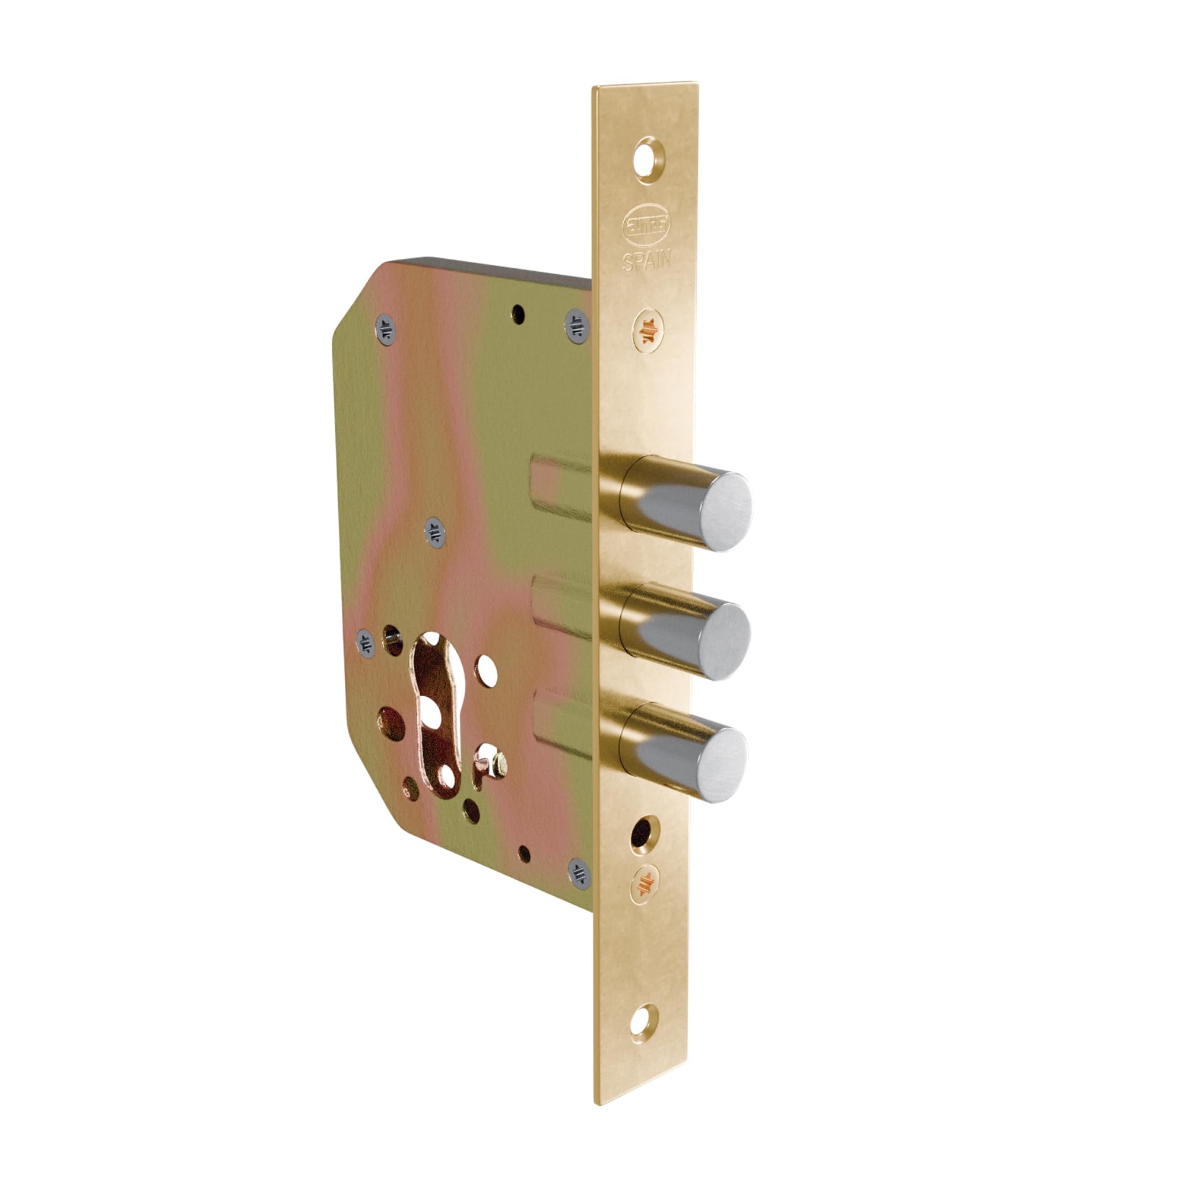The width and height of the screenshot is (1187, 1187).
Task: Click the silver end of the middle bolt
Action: pyautogui.click(x=723, y=642)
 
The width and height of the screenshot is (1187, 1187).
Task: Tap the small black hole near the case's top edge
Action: pyautogui.click(x=520, y=313)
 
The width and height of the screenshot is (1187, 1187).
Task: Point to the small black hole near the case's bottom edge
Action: pyautogui.click(x=523, y=853)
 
